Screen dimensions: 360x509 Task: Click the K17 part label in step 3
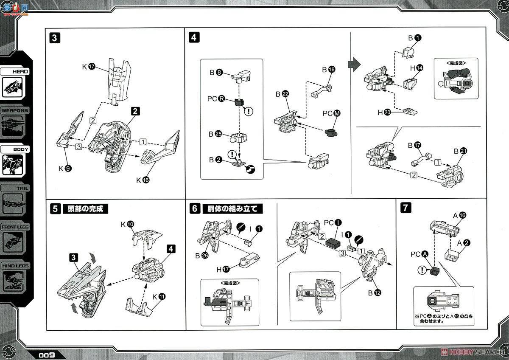(88, 67)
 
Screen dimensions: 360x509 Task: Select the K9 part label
(65, 168)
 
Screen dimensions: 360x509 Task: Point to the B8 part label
(215, 72)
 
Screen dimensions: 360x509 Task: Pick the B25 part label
(215, 134)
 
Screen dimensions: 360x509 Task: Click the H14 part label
(416, 67)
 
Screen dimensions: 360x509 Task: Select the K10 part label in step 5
(127, 223)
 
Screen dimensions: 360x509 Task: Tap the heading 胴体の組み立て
(232, 209)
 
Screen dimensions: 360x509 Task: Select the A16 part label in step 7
(459, 215)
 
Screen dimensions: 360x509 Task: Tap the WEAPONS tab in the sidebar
(14, 110)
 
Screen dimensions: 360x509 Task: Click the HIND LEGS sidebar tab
(14, 266)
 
